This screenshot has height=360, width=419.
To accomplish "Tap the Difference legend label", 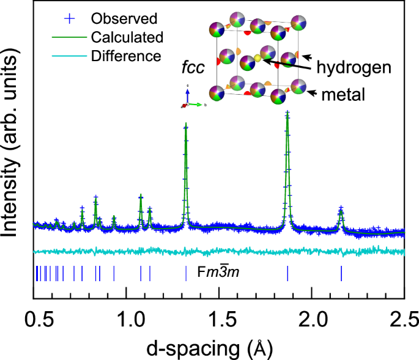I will point(125,56).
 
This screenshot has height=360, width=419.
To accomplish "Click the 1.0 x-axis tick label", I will point(126,318).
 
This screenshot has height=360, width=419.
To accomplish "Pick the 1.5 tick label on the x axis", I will point(219,318).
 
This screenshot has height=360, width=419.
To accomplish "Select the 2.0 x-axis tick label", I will point(312,318).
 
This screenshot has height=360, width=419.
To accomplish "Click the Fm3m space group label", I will point(218,273).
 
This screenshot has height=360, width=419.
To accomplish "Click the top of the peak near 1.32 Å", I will point(186,125).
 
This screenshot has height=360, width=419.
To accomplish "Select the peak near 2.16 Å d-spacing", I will point(341,210).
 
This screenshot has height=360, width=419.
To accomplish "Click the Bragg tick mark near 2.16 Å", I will point(341,273).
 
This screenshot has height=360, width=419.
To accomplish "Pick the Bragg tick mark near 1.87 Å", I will point(287,273).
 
